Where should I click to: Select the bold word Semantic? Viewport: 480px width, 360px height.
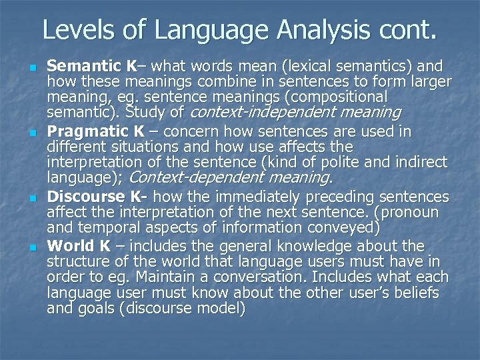pyautogui.click(x=84, y=67)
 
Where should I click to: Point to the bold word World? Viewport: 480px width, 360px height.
pyautogui.click(x=70, y=246)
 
